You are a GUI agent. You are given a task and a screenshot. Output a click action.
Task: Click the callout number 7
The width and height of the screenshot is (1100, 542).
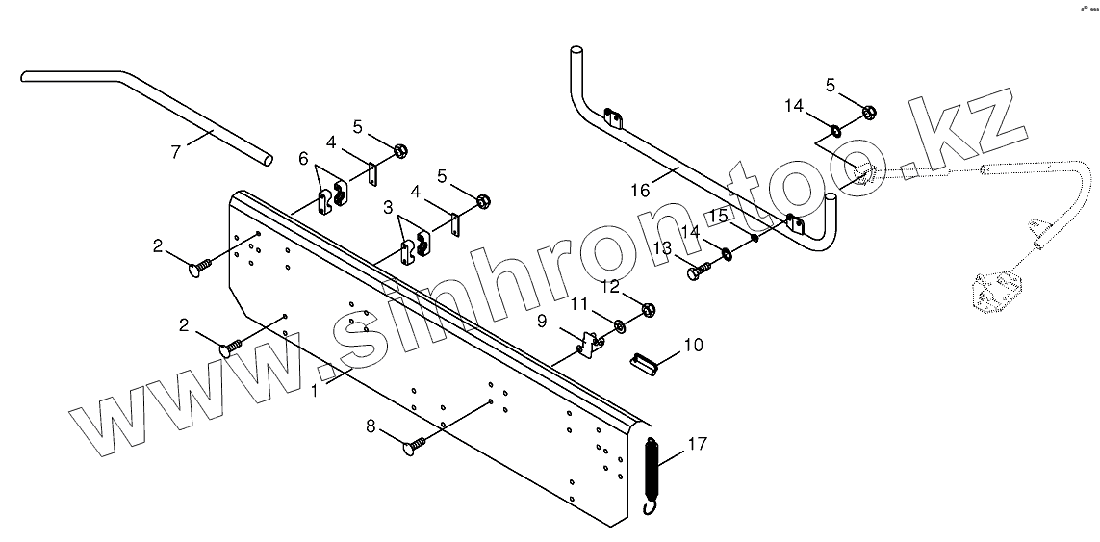(x=176, y=151)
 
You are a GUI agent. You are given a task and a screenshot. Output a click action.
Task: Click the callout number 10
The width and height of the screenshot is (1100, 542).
(x=693, y=344)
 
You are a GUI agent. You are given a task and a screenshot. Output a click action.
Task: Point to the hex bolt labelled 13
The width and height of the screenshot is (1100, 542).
(x=696, y=271)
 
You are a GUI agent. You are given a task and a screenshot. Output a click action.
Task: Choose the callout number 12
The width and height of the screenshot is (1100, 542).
(x=611, y=286)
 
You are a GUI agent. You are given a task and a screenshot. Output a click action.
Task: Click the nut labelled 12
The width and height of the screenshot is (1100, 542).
(x=648, y=309)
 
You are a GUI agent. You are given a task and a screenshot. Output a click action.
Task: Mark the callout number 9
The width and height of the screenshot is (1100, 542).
(x=542, y=319)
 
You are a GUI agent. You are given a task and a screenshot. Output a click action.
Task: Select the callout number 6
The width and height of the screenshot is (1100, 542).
(x=303, y=158)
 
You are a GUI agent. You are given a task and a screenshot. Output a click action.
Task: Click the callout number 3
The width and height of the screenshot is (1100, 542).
(x=388, y=207)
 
